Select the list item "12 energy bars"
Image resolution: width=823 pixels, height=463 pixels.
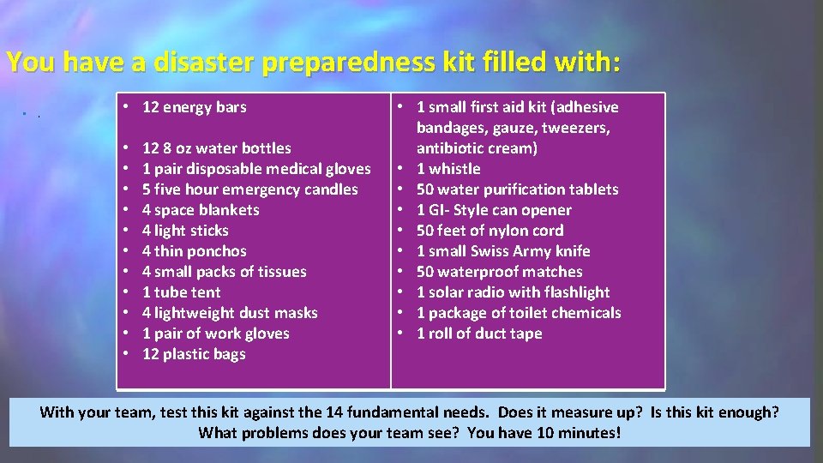point(194,107)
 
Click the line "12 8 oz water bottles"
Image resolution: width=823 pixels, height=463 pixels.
point(216,148)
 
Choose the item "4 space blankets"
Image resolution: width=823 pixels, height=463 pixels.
point(201,210)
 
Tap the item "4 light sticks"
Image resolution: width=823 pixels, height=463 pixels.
point(185,231)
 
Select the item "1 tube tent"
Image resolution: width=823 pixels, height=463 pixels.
point(181,292)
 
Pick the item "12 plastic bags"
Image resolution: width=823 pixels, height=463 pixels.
point(194,354)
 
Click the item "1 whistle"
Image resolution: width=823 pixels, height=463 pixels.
point(448,169)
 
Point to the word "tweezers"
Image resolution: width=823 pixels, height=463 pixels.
point(578,128)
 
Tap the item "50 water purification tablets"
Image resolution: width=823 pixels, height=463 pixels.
point(517,189)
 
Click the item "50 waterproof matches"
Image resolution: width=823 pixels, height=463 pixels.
point(499,272)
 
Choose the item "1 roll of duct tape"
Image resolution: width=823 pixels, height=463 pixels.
point(479,334)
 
